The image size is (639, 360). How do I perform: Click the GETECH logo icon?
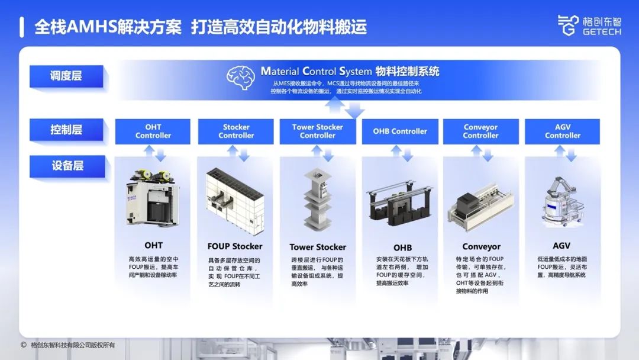[x=568, y=25]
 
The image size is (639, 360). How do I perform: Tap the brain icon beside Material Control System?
[x=241, y=78]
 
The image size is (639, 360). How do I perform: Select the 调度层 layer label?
[x=66, y=76]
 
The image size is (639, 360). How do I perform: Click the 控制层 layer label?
[x=66, y=130]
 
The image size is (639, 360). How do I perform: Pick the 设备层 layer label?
[x=67, y=166]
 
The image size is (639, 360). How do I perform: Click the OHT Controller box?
[x=153, y=131]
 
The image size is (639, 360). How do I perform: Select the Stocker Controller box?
[x=236, y=131]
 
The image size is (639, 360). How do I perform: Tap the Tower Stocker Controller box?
[x=318, y=131]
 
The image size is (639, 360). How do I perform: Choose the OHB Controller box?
[x=400, y=131]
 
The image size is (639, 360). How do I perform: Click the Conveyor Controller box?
[x=481, y=131]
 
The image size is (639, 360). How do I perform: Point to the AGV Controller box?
[x=563, y=131]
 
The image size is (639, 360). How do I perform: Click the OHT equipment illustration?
[x=153, y=198]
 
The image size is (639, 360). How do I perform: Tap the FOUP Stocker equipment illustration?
[x=235, y=201]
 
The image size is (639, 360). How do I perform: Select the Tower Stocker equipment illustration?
[x=318, y=200]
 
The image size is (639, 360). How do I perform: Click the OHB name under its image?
[x=402, y=247]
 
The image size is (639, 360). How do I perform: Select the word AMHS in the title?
[x=92, y=27]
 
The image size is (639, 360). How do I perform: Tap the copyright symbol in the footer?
[x=24, y=345]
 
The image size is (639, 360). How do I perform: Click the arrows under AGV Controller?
[x=565, y=153]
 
